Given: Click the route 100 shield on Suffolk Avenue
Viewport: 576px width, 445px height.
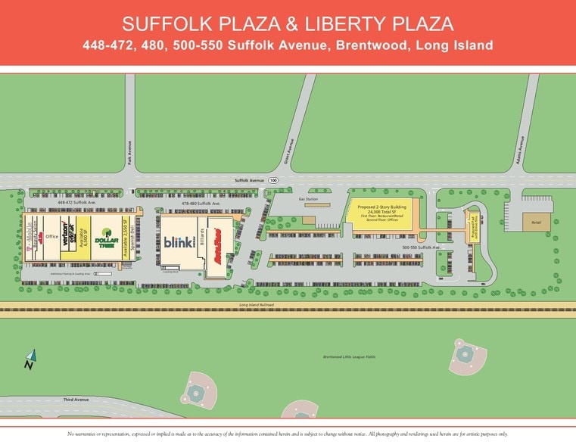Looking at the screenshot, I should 272,180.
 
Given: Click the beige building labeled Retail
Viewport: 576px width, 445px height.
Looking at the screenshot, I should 537,222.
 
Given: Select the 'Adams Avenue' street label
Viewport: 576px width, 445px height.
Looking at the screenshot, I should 521,144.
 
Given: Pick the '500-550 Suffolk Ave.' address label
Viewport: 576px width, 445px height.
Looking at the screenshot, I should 419,247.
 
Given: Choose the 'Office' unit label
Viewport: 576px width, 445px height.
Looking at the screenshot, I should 51,236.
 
